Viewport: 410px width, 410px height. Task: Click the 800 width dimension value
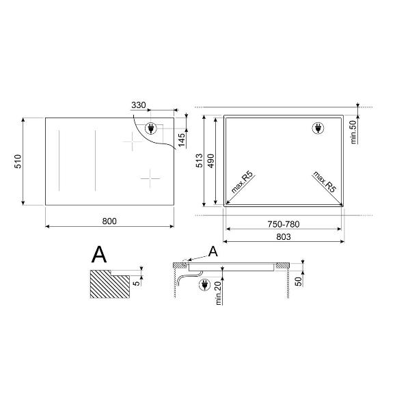pyautogui.click(x=109, y=221)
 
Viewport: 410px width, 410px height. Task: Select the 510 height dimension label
pyautogui.click(x=18, y=161)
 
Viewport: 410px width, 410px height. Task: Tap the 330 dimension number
pyautogui.click(x=138, y=105)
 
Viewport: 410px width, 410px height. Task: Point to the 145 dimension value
pyautogui.click(x=182, y=140)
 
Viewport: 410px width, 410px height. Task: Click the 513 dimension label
pyautogui.click(x=200, y=161)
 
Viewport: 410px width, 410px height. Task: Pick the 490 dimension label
pyautogui.click(x=210, y=161)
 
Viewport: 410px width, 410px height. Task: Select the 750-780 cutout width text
pyautogui.click(x=284, y=224)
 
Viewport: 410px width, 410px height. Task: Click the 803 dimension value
pyautogui.click(x=284, y=237)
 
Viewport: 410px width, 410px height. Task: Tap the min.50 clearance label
pyautogui.click(x=353, y=132)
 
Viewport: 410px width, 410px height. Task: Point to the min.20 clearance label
pyautogui.click(x=219, y=293)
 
